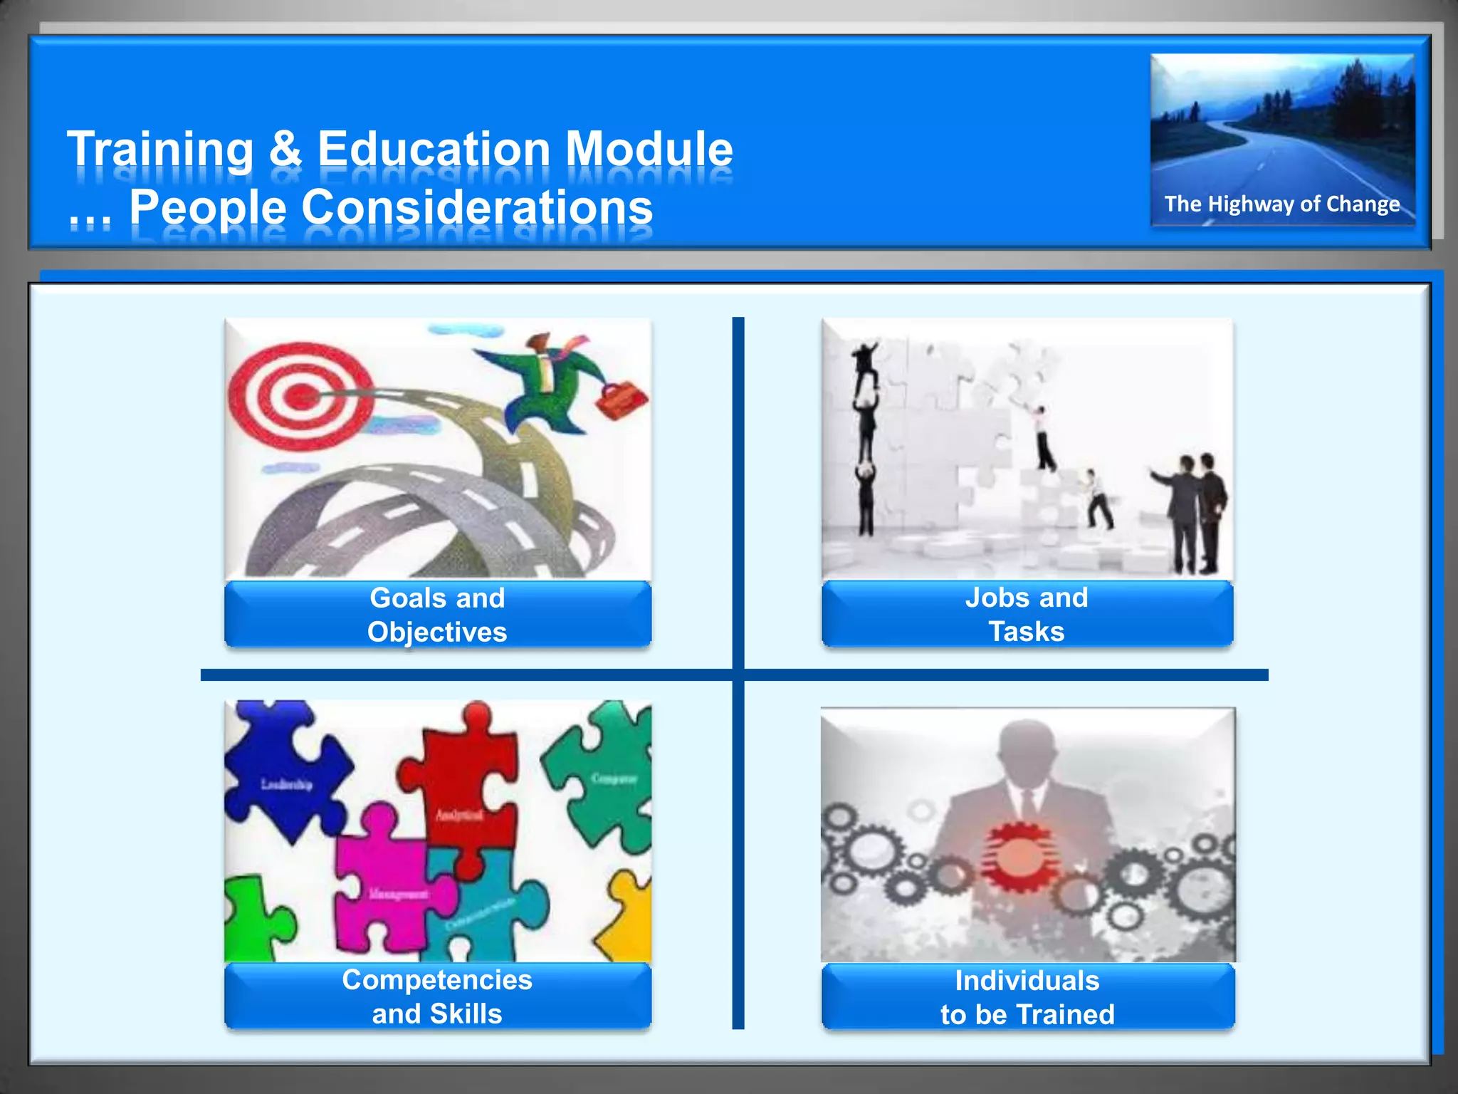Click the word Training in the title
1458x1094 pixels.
pos(160,150)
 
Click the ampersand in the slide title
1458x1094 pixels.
pos(285,150)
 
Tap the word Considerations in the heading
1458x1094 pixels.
pos(477,208)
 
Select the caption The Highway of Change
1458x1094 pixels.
pos(1281,204)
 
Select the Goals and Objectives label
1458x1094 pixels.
pos(437,615)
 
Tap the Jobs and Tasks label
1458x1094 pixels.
pos(1027,615)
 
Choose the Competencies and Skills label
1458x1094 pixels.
pos(437,996)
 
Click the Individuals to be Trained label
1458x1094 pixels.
pos(1027,997)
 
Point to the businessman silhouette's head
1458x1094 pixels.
pos(1027,748)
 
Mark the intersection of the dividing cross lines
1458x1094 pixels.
pos(738,674)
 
